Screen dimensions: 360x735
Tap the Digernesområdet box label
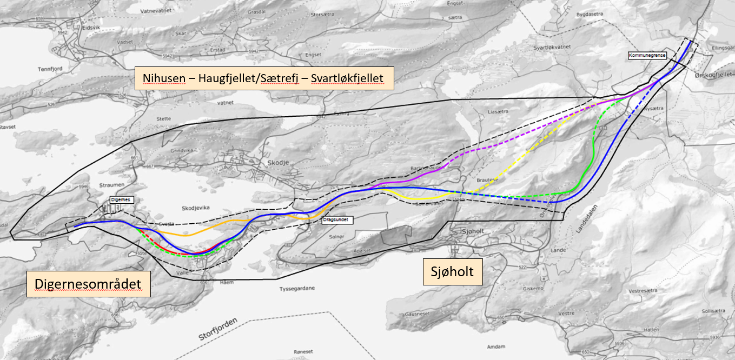(x=88, y=283)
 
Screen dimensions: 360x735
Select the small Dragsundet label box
(x=337, y=220)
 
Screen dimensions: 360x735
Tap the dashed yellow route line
(x=541, y=142)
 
